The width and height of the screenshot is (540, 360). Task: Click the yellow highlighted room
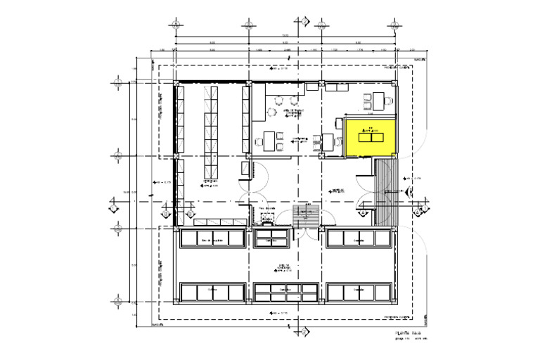coord(370,136)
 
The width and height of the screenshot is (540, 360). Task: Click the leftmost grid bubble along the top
coord(175,23)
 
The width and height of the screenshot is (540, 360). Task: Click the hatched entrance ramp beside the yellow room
coord(385,183)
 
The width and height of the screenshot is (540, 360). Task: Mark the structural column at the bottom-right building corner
coord(394,303)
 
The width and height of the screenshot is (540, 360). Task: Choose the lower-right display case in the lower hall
coord(359,292)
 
